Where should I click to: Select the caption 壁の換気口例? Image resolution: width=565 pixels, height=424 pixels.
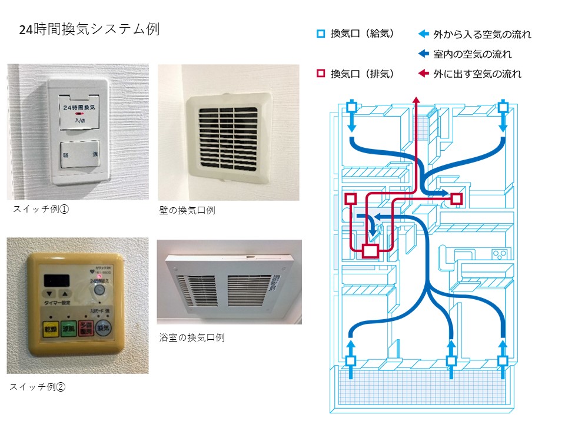point(187,210)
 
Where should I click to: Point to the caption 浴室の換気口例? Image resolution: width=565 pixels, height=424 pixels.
point(191,337)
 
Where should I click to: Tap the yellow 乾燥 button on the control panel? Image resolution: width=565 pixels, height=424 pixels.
point(49,328)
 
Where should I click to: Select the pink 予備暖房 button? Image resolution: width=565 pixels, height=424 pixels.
point(86,328)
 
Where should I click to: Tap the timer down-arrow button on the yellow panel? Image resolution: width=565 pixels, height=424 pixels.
point(49,292)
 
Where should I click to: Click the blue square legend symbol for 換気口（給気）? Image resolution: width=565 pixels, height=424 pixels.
point(321,34)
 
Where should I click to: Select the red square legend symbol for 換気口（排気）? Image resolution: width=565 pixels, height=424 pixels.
point(321,74)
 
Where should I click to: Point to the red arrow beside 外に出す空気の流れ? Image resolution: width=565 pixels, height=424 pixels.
point(423,74)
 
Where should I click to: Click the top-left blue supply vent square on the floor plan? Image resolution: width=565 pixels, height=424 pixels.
point(351,107)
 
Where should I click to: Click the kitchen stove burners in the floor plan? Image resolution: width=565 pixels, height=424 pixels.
point(500,254)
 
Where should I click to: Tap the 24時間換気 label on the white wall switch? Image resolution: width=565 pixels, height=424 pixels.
point(79,108)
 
